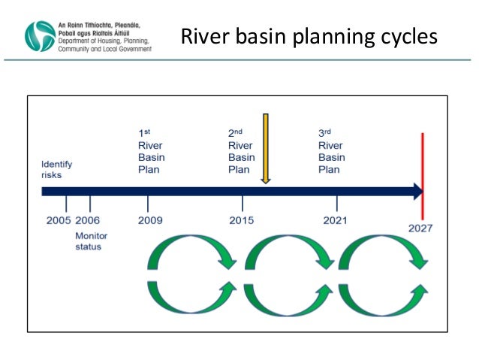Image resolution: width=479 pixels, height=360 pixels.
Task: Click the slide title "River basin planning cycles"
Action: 309,36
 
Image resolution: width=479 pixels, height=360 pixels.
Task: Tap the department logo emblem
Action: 40,35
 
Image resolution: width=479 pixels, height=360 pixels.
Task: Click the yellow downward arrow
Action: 265,149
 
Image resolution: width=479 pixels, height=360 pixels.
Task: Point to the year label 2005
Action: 59,220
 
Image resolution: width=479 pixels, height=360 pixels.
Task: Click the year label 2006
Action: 87,220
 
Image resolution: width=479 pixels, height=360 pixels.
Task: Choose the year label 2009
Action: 150,220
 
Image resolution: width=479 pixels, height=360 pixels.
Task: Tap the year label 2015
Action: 242,220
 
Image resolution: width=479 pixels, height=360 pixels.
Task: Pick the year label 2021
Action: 335,220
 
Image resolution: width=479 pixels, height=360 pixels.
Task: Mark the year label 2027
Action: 422,228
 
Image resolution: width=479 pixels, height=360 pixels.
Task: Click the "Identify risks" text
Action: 57,169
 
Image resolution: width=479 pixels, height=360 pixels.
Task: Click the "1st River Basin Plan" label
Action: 151,152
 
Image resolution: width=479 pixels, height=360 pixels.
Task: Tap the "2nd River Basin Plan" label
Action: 241,152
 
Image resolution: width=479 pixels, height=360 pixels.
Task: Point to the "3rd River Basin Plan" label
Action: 332,152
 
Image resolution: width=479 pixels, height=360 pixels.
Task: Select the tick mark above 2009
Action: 148,204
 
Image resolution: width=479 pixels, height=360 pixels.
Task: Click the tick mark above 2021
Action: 336,204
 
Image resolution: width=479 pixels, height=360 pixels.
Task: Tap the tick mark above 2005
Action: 66,204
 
